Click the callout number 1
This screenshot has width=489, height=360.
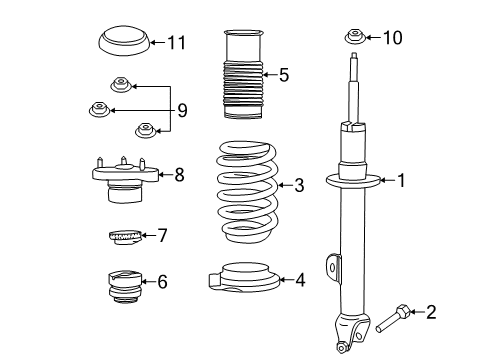coord(402,181)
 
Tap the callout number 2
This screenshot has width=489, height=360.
coord(431,313)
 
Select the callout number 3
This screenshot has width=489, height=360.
coord(298,185)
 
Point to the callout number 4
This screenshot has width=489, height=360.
coord(300,279)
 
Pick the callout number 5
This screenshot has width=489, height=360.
coord(284,73)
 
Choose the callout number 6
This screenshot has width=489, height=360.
coord(162,282)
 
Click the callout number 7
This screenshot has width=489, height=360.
coord(162,236)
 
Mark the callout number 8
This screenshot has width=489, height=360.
coord(179,175)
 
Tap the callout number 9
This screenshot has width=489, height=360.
coord(181,111)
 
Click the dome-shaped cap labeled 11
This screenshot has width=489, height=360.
coord(122,43)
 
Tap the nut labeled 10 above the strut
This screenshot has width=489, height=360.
coord(354,39)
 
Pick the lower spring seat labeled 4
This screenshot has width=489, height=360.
coord(244,278)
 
